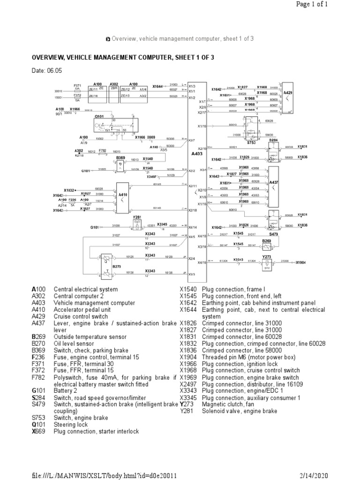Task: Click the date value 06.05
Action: click(x=54, y=71)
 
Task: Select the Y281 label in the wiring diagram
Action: click(x=137, y=217)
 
